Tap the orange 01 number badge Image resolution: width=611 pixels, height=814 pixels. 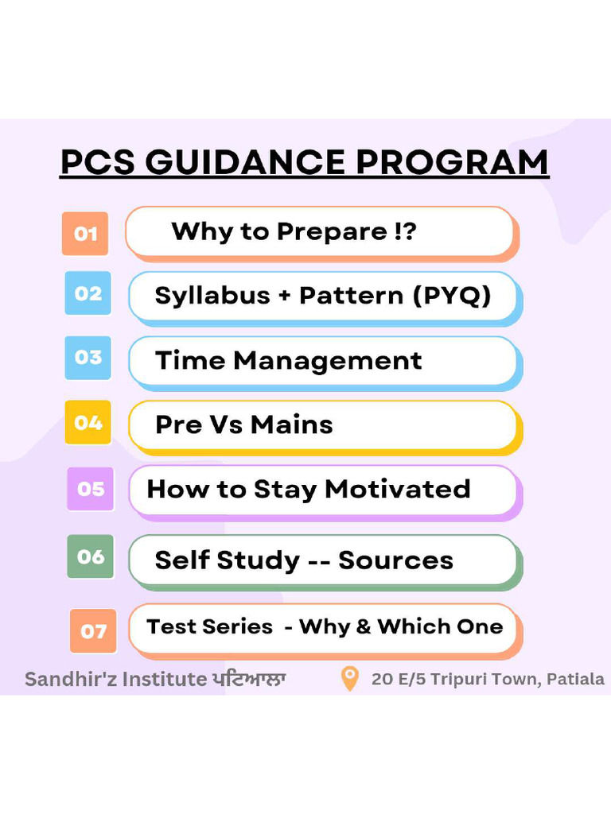(85, 234)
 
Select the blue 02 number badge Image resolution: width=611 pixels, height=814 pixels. (88, 293)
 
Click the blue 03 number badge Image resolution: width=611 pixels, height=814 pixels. (88, 357)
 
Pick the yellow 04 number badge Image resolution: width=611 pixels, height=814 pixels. (88, 422)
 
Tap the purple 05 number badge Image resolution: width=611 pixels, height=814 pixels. (91, 488)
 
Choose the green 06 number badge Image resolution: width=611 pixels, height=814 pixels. (91, 556)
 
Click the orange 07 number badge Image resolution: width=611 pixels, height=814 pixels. (93, 631)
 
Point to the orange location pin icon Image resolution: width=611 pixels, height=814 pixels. (349, 679)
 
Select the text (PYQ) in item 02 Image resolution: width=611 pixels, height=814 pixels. (452, 296)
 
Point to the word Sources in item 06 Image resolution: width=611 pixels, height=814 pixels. (395, 560)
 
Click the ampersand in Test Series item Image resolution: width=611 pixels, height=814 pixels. (364, 626)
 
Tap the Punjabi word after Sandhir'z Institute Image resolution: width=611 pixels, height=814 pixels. (249, 680)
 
